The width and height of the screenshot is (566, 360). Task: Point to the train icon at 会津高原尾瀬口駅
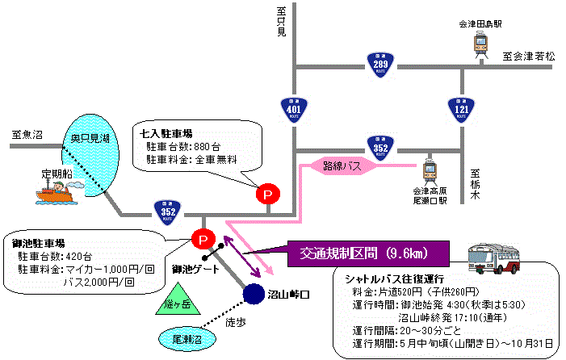click(430, 170)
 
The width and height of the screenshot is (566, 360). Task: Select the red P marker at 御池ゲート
click(202, 239)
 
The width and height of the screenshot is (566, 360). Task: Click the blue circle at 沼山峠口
click(254, 295)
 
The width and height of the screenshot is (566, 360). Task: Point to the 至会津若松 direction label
click(530, 57)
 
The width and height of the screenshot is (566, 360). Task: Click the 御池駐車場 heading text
click(39, 241)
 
